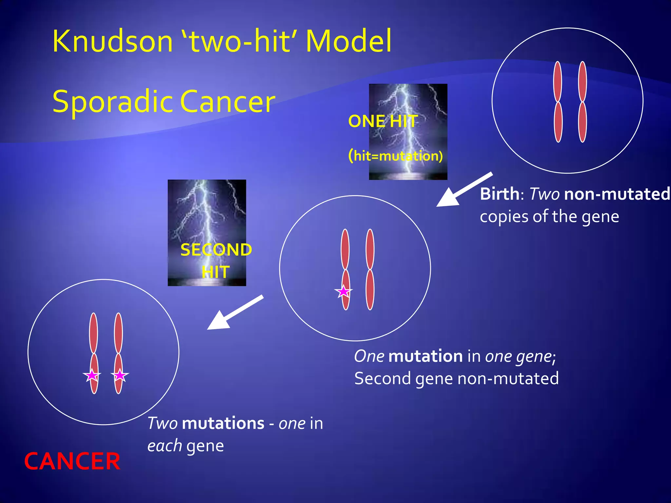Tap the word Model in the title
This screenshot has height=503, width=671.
tap(349, 41)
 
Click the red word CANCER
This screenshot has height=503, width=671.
tap(72, 461)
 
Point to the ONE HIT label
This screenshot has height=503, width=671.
tap(383, 121)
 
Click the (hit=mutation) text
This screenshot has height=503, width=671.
tap(395, 156)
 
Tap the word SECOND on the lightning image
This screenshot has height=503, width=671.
tap(216, 250)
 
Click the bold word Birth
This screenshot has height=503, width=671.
tap(499, 194)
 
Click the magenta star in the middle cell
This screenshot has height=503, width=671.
tap(343, 291)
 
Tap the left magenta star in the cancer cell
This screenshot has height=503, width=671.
tap(92, 376)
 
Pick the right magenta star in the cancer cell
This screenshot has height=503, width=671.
tap(120, 376)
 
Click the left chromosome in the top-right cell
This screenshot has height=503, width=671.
tap(558, 102)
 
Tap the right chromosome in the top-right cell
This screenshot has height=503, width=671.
tap(582, 102)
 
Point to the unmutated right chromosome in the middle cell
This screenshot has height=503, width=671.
tap(370, 269)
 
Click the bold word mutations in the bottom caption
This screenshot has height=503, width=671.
tap(223, 423)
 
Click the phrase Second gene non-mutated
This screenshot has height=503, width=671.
tap(456, 379)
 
